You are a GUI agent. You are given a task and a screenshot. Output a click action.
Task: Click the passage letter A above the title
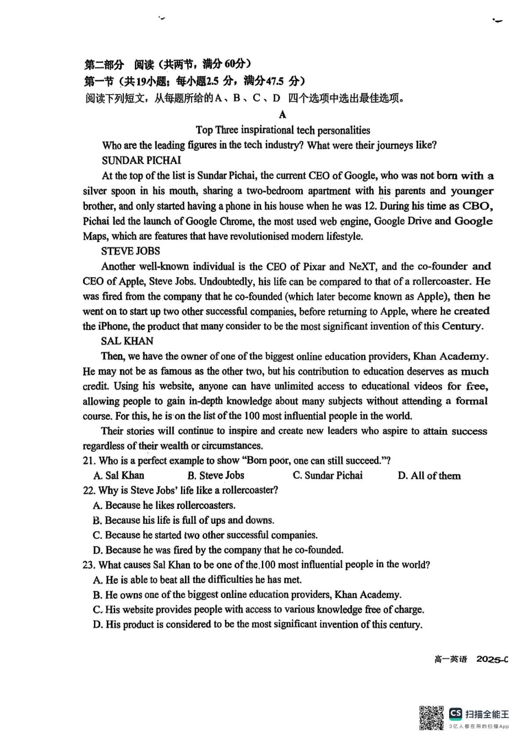pyautogui.click(x=282, y=114)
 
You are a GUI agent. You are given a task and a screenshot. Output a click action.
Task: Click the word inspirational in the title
pyautogui.click(x=267, y=130)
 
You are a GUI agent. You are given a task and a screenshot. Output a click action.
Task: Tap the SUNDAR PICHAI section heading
pyautogui.click(x=141, y=161)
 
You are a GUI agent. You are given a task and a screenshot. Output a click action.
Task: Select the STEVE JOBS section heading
pyautogui.click(x=130, y=251)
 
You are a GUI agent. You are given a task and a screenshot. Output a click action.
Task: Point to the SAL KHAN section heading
pyautogui.click(x=127, y=341)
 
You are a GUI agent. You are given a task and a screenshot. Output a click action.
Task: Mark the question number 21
pyautogui.click(x=89, y=461)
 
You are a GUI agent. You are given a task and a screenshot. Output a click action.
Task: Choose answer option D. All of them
pyautogui.click(x=429, y=476)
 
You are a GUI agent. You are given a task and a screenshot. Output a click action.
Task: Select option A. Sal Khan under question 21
pyautogui.click(x=119, y=476)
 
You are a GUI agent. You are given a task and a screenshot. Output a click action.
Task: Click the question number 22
pyautogui.click(x=89, y=490)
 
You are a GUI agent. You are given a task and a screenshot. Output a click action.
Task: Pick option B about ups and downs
pyautogui.click(x=184, y=520)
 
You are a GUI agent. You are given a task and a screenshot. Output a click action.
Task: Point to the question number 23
pyautogui.click(x=89, y=565)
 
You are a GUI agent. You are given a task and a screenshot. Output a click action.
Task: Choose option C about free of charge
pyautogui.click(x=259, y=610)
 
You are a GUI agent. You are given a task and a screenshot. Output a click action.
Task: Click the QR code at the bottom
pyautogui.click(x=431, y=717)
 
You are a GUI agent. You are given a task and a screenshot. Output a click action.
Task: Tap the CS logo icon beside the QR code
pyautogui.click(x=455, y=714)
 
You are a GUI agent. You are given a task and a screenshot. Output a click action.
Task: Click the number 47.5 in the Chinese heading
pyautogui.click(x=275, y=81)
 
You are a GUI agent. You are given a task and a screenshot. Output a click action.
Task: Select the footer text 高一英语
pyautogui.click(x=450, y=659)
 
